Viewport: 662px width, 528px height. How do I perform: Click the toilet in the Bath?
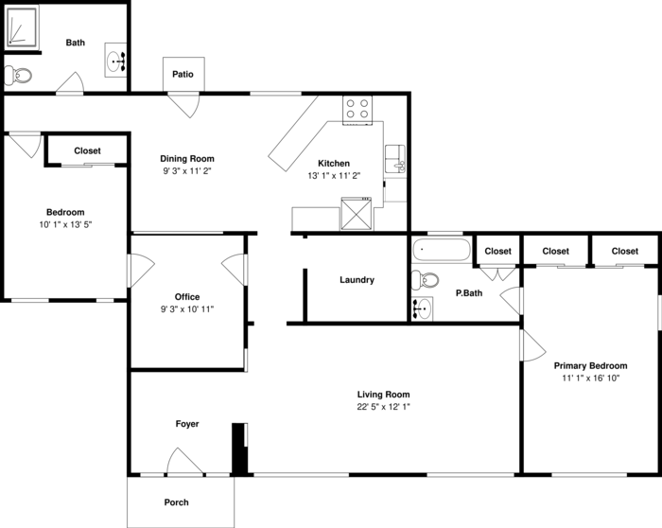tap(17, 76)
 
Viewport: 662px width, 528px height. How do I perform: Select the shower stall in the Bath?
tap(21, 26)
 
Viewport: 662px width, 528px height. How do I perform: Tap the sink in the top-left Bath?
tap(115, 60)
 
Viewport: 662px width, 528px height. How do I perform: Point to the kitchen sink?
tap(395, 159)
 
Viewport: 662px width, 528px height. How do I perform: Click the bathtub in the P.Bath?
tap(442, 250)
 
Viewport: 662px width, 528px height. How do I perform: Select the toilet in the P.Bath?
tap(425, 280)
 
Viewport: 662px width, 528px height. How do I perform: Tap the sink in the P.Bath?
tap(422, 308)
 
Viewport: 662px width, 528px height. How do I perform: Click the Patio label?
tap(183, 75)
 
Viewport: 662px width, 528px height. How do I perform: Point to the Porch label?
tap(177, 502)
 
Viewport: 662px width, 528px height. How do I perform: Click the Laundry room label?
tap(357, 280)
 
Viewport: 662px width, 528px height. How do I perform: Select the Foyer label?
tap(187, 424)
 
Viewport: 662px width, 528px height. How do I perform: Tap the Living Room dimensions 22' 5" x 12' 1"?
tap(383, 407)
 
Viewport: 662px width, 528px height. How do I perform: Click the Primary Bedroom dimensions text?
tap(590, 378)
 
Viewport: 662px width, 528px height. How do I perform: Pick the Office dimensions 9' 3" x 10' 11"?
tap(187, 309)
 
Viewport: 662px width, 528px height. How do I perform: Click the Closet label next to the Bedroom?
tap(87, 150)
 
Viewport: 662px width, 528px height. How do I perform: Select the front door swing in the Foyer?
tap(184, 461)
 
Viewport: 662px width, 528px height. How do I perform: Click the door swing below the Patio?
tap(184, 106)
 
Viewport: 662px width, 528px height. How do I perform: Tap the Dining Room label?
tap(187, 159)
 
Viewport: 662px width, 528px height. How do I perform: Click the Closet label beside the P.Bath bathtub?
tap(497, 252)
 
